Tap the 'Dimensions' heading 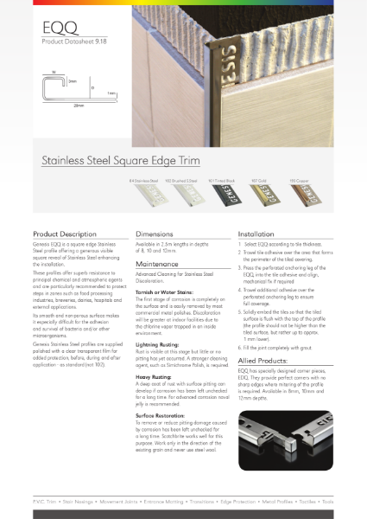155,234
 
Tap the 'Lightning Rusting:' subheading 158,343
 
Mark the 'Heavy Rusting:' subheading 154,376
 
